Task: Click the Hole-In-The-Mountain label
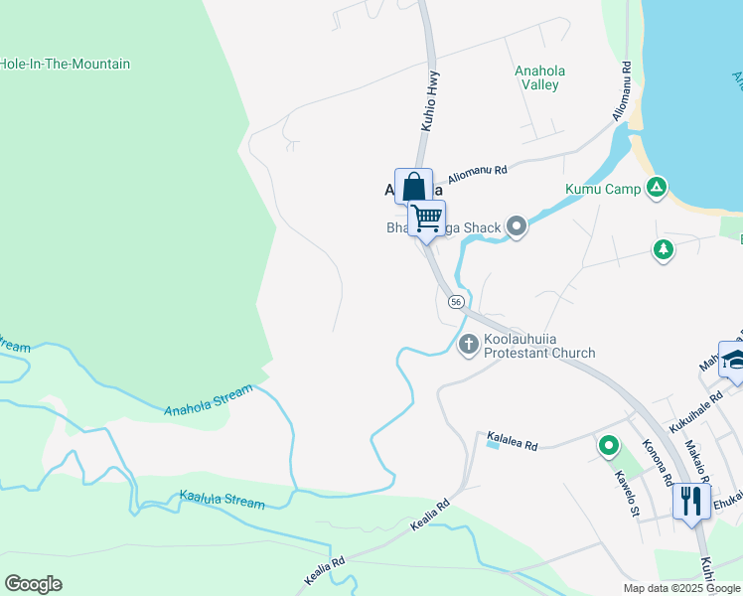coord(66,64)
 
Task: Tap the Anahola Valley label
coord(537,77)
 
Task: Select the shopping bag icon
coord(413,187)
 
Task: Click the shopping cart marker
coord(427,217)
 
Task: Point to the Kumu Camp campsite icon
coord(656,187)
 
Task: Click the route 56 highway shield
coord(456,301)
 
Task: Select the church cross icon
coord(469,345)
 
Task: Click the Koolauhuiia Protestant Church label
coord(539,346)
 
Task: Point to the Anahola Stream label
coord(209,398)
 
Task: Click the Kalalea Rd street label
coord(512,441)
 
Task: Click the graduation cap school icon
coord(735,363)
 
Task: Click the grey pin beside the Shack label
coord(516,227)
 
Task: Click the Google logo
coord(33,584)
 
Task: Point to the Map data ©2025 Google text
coord(681,588)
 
